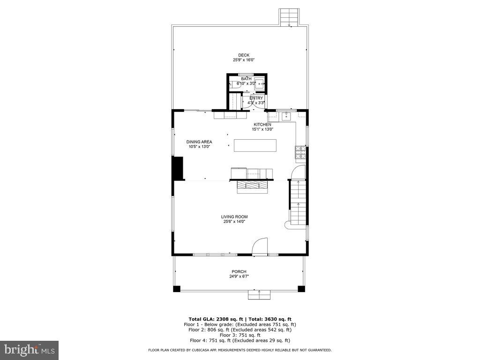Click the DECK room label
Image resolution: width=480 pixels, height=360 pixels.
click(243, 55)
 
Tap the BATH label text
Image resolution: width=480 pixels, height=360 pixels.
click(246, 79)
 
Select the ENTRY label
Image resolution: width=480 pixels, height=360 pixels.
click(256, 98)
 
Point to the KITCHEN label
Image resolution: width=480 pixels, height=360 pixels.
click(262, 124)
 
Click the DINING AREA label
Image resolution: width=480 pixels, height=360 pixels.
click(199, 142)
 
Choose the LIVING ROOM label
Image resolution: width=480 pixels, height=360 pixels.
click(234, 217)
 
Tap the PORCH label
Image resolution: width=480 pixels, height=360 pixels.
click(239, 271)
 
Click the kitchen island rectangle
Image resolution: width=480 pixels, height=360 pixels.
click(255, 145)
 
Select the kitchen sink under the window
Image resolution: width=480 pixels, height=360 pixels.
click(285, 115)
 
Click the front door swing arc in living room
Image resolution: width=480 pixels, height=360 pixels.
click(260, 246)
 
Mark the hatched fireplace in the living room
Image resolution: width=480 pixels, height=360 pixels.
click(252, 186)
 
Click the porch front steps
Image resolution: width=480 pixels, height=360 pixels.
click(259, 294)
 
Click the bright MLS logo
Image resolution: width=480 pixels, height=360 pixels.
click(29, 350)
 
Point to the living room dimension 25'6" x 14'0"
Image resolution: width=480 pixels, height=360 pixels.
click(234, 221)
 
